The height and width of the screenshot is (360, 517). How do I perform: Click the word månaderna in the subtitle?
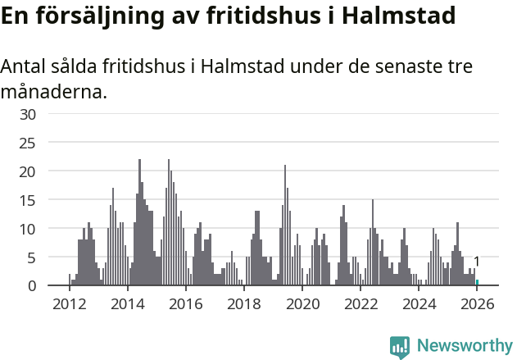point(52,92)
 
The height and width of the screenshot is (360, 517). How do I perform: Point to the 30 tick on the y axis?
point(28,114)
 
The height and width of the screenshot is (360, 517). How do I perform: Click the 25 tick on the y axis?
point(28,143)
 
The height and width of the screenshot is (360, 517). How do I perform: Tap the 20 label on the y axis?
point(28,171)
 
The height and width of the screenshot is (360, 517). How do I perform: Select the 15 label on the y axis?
point(28,200)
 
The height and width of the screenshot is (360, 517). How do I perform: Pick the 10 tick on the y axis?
point(28,229)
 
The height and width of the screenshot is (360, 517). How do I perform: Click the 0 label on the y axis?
point(32,285)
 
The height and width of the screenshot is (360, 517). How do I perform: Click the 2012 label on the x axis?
point(69,304)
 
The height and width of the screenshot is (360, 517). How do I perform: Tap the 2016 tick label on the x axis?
point(186,304)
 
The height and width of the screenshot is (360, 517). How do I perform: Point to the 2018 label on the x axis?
point(244,304)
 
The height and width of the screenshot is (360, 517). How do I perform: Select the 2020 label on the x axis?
point(302,304)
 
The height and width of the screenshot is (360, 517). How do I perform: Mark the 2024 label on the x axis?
point(419,304)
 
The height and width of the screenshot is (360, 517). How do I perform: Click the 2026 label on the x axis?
point(478,304)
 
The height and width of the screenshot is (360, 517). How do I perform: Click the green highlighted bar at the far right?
point(477,283)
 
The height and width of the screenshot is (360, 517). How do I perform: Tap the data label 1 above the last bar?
point(477,262)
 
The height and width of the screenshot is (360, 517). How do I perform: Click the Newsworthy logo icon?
point(400,346)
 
